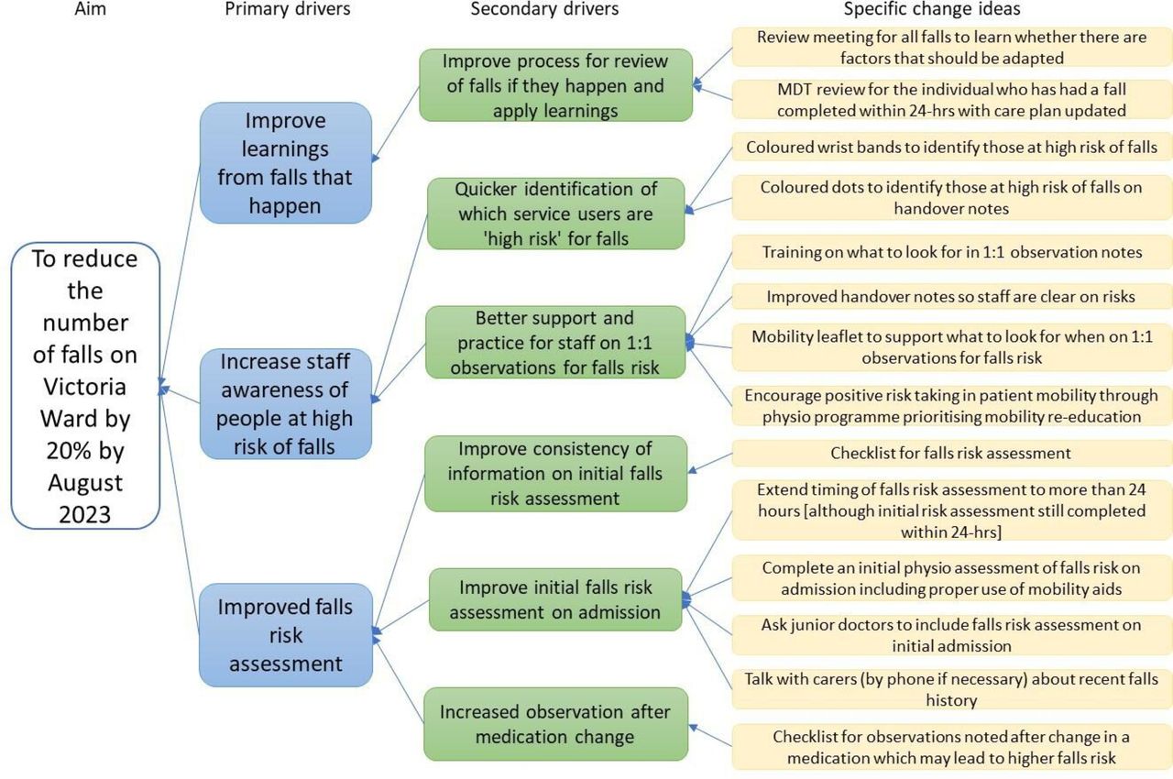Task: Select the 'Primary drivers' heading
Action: pyautogui.click(x=288, y=10)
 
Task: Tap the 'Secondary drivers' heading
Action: pyautogui.click(x=544, y=10)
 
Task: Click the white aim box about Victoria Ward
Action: pyautogui.click(x=85, y=386)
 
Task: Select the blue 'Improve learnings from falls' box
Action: pyautogui.click(x=285, y=163)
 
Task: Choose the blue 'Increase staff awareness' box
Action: pyautogui.click(x=285, y=403)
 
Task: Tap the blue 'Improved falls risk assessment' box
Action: pyautogui.click(x=285, y=634)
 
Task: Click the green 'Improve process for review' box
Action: pyautogui.click(x=555, y=85)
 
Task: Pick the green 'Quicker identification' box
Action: pyautogui.click(x=555, y=214)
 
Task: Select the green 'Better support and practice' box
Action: pyautogui.click(x=555, y=343)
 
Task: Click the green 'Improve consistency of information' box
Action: pyautogui.click(x=555, y=473)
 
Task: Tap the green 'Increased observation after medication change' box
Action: pyautogui.click(x=555, y=723)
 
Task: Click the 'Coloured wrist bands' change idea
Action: pyautogui.click(x=951, y=147)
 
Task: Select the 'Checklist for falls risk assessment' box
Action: pyautogui.click(x=951, y=453)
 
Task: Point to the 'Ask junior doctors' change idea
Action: pyautogui.click(x=951, y=635)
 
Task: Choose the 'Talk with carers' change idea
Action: pyautogui.click(x=951, y=688)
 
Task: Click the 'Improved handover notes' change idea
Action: pyautogui.click(x=951, y=296)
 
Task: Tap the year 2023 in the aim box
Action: pyautogui.click(x=85, y=514)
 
